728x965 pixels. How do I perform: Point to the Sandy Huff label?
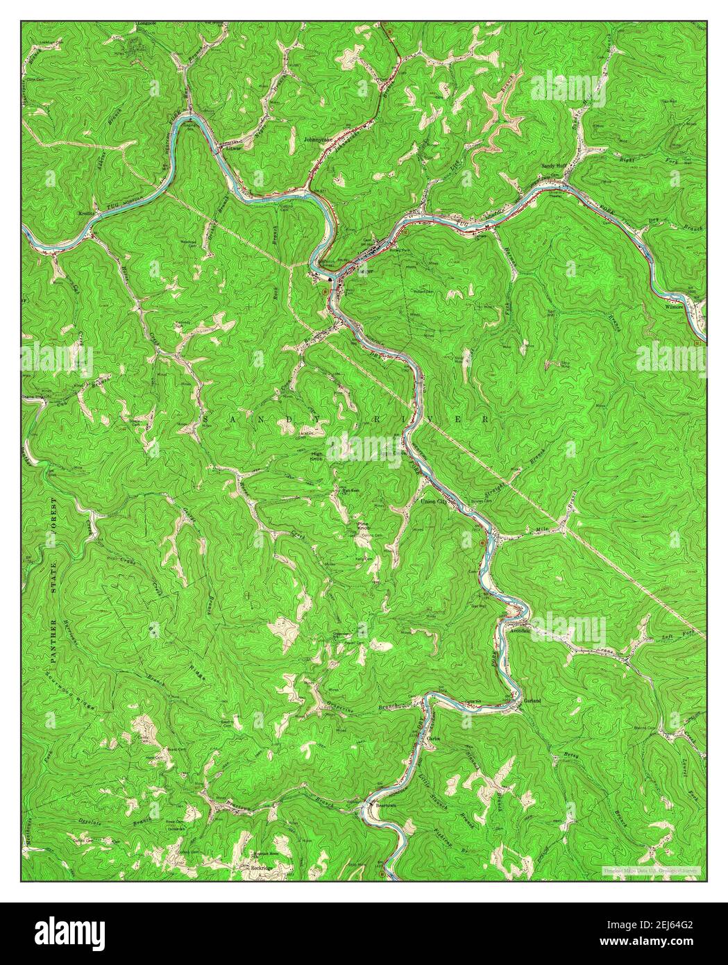click(x=555, y=167)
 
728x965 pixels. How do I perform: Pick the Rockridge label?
click(x=262, y=867)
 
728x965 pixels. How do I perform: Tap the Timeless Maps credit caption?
click(x=651, y=870)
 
